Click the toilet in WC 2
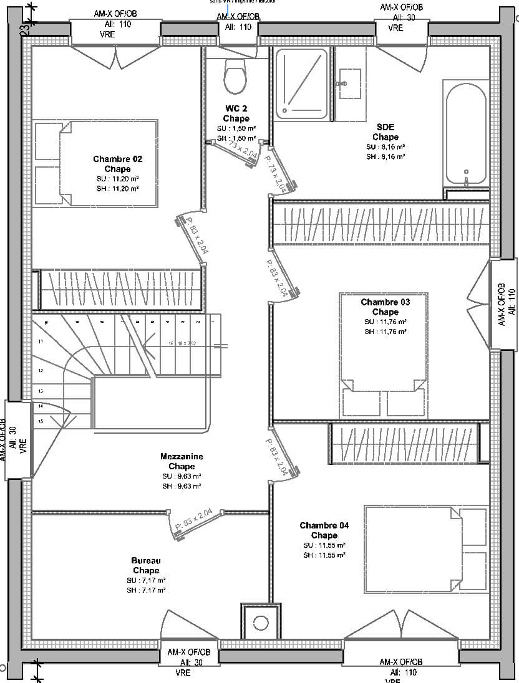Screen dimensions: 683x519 click(235, 78)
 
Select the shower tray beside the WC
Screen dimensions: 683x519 click(302, 84)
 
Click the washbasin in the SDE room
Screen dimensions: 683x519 click(348, 84)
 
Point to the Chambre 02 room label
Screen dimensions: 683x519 click(117, 164)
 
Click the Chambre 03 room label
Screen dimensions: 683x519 click(385, 307)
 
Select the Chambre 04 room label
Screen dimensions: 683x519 click(324, 530)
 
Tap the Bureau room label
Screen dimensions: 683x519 click(145, 565)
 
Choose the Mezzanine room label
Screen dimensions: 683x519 click(182, 461)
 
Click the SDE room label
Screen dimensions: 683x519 click(385, 132)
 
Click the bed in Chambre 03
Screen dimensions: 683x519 click(384, 355)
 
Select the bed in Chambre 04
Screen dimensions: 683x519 click(427, 549)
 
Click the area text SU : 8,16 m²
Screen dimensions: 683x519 click(386, 147)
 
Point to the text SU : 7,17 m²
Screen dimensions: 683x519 click(146, 580)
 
